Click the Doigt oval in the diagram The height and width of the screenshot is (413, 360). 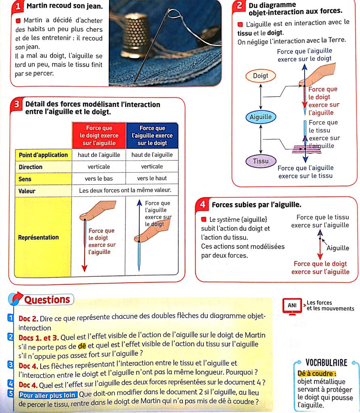coord(260,76)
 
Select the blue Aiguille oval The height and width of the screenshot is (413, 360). coord(261,117)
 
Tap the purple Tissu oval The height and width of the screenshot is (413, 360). coord(260,161)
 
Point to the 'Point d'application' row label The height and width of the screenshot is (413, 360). coord(43,155)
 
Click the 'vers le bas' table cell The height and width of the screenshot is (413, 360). coord(98,178)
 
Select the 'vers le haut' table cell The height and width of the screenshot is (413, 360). coord(152,178)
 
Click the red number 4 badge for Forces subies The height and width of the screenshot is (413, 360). coord(204,204)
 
